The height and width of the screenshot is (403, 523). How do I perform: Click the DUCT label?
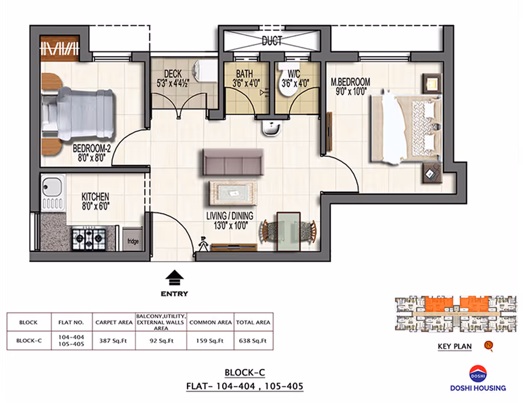pos(272,41)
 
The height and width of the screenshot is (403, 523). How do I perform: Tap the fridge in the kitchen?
pos(133,239)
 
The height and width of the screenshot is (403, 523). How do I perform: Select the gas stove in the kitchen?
pos(89,239)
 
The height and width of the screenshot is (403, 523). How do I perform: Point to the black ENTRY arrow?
pos(175,278)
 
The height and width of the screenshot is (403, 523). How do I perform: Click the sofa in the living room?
pos(233,162)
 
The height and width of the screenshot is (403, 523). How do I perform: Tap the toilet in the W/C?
pos(288,80)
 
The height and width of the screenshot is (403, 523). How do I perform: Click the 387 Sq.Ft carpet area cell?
pos(113,341)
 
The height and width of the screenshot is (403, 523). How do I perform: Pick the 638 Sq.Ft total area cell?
pos(253,341)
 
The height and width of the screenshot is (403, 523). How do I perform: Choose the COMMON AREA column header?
pos(211,322)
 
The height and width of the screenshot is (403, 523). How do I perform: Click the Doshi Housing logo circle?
pos(478,374)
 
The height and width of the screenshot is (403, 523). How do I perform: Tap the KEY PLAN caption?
pos(455,346)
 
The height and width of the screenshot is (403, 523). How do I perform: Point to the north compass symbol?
pos(489,345)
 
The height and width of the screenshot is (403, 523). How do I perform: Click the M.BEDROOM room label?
pos(350,86)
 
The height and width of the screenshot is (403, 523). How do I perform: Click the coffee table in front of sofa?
pos(233,193)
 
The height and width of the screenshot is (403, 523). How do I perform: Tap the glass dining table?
pos(288,231)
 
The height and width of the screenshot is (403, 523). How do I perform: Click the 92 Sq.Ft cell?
pos(161,341)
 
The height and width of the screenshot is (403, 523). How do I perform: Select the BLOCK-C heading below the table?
pos(245,373)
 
